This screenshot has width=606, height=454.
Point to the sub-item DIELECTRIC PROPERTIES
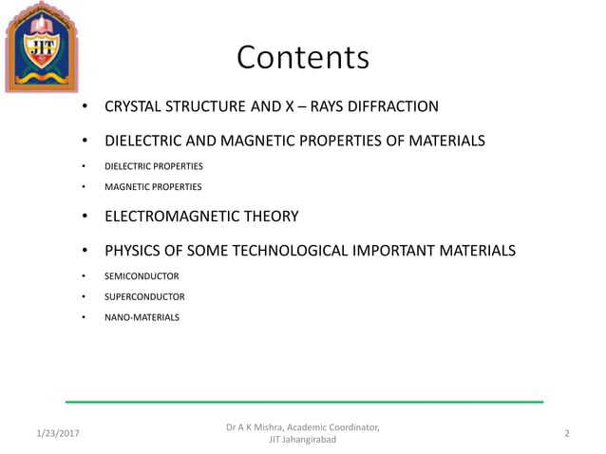point(153,166)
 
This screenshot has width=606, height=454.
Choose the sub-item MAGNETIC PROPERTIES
point(152,187)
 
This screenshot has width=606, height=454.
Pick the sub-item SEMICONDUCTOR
point(142,276)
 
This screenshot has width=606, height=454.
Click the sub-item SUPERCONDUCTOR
point(144,296)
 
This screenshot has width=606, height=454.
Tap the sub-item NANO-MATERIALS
point(142,317)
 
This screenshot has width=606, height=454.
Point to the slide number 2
point(566,433)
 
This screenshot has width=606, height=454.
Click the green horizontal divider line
point(304,402)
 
